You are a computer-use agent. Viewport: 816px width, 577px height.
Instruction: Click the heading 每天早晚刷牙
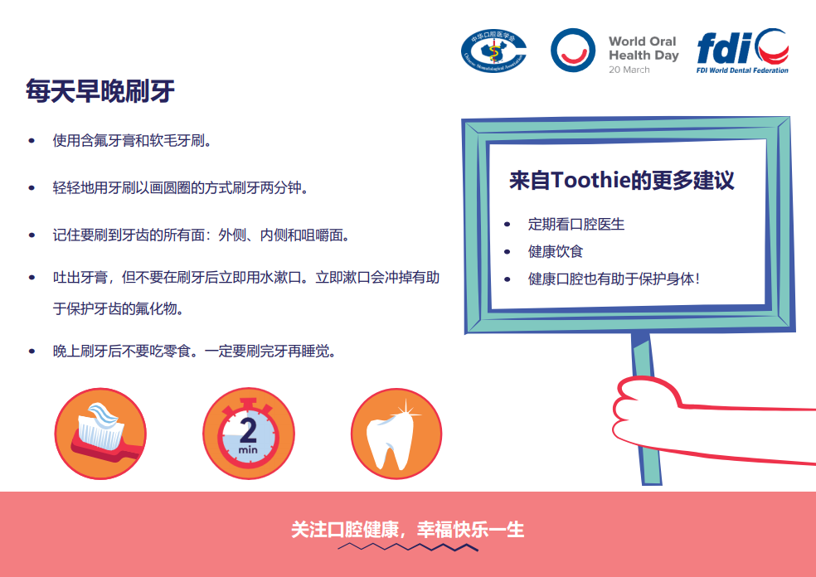click(x=100, y=91)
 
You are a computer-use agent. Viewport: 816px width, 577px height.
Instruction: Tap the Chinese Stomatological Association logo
click(x=494, y=51)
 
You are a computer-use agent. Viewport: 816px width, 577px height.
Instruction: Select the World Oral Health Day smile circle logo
click(x=573, y=50)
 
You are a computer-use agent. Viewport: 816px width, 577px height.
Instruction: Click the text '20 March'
click(x=629, y=70)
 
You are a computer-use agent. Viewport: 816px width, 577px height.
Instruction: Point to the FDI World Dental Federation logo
click(x=743, y=51)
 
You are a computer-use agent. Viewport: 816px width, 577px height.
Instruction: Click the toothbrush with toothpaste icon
click(x=100, y=434)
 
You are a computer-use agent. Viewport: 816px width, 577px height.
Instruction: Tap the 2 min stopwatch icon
click(x=248, y=434)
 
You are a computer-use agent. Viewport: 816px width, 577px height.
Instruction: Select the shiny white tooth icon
click(x=396, y=434)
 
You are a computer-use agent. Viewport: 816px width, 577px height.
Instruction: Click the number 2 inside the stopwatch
click(x=248, y=430)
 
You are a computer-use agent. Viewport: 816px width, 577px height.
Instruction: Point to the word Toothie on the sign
click(x=590, y=180)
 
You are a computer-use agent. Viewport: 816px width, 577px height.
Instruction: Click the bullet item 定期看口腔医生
click(x=576, y=224)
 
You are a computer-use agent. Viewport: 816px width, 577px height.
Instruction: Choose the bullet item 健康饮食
click(x=556, y=252)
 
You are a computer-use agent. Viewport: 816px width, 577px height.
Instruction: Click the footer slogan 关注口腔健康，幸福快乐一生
click(x=407, y=530)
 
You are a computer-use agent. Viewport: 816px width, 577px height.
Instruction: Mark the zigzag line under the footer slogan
click(x=408, y=547)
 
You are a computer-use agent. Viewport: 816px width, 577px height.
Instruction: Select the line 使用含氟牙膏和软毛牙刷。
click(x=132, y=140)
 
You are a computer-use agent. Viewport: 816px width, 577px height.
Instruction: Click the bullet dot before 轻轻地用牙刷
click(x=32, y=188)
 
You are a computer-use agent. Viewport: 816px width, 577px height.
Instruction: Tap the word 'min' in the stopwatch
click(x=248, y=449)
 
